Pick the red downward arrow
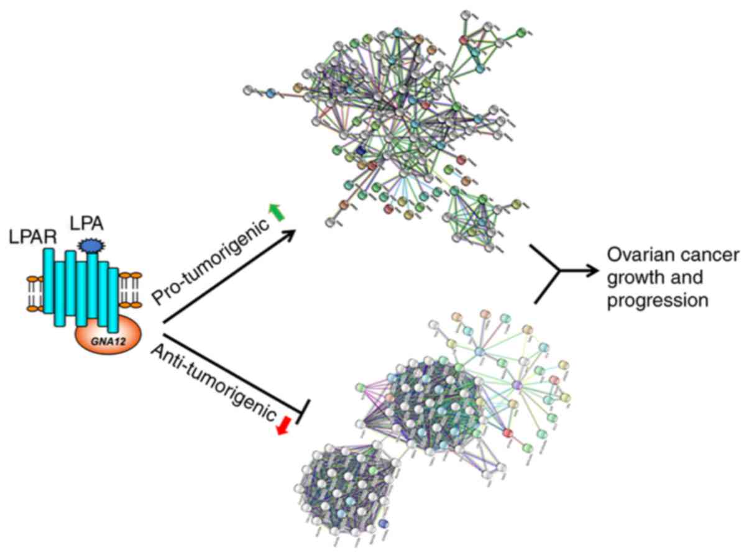[283, 426]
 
